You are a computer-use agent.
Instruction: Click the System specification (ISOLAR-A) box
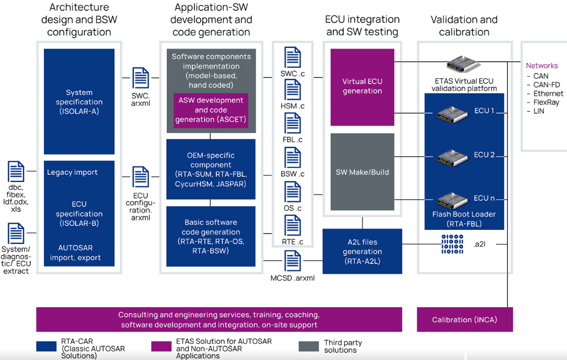click(79, 101)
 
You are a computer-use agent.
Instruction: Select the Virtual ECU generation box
click(362, 87)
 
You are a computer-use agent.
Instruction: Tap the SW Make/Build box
click(362, 172)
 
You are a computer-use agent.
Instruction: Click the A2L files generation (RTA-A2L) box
click(362, 251)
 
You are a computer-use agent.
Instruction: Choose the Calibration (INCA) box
click(465, 320)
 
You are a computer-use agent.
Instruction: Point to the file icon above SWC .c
click(292, 57)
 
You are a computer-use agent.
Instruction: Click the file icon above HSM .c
click(292, 90)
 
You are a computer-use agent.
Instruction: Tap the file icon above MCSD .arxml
click(292, 261)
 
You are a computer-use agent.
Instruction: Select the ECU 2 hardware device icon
click(452, 158)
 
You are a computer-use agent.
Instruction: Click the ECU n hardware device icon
click(452, 200)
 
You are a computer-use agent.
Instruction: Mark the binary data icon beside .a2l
click(452, 244)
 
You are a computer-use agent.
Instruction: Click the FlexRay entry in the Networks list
click(546, 102)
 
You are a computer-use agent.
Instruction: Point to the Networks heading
click(542, 66)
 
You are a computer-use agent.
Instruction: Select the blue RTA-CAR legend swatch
click(46, 346)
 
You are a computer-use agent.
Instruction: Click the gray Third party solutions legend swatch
click(308, 346)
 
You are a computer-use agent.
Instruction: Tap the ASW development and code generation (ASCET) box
click(211, 110)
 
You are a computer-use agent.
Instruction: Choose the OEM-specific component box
click(211, 169)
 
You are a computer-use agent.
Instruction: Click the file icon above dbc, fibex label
click(16, 172)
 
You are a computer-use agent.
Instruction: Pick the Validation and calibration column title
click(464, 26)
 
